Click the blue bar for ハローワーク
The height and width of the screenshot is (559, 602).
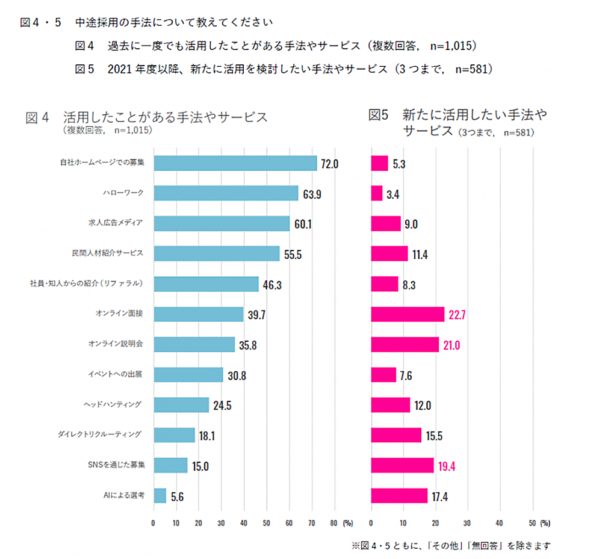coord(226,193)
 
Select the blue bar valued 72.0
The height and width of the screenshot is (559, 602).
coord(235,163)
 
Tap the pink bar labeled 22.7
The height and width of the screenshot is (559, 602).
coord(408,314)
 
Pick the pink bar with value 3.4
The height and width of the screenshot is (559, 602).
coord(377,193)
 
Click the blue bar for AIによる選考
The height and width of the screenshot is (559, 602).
coord(160,495)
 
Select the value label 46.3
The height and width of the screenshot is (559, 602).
coord(272,285)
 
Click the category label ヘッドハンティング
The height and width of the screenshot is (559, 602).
coord(113,404)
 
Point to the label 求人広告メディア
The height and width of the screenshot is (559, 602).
coord(116,223)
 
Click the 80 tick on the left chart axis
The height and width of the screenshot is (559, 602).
coord(334,523)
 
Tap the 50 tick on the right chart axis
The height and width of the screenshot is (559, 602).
coord(532,523)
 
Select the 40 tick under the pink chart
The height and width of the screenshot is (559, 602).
coord(499,523)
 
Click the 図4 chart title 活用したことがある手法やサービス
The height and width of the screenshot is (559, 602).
coord(165,117)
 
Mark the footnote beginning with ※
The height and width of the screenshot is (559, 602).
coord(451,546)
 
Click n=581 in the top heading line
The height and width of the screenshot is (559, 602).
coord(474,69)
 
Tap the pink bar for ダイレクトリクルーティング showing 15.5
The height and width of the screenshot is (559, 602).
coord(396,435)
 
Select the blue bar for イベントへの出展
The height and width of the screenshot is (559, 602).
coord(188,374)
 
